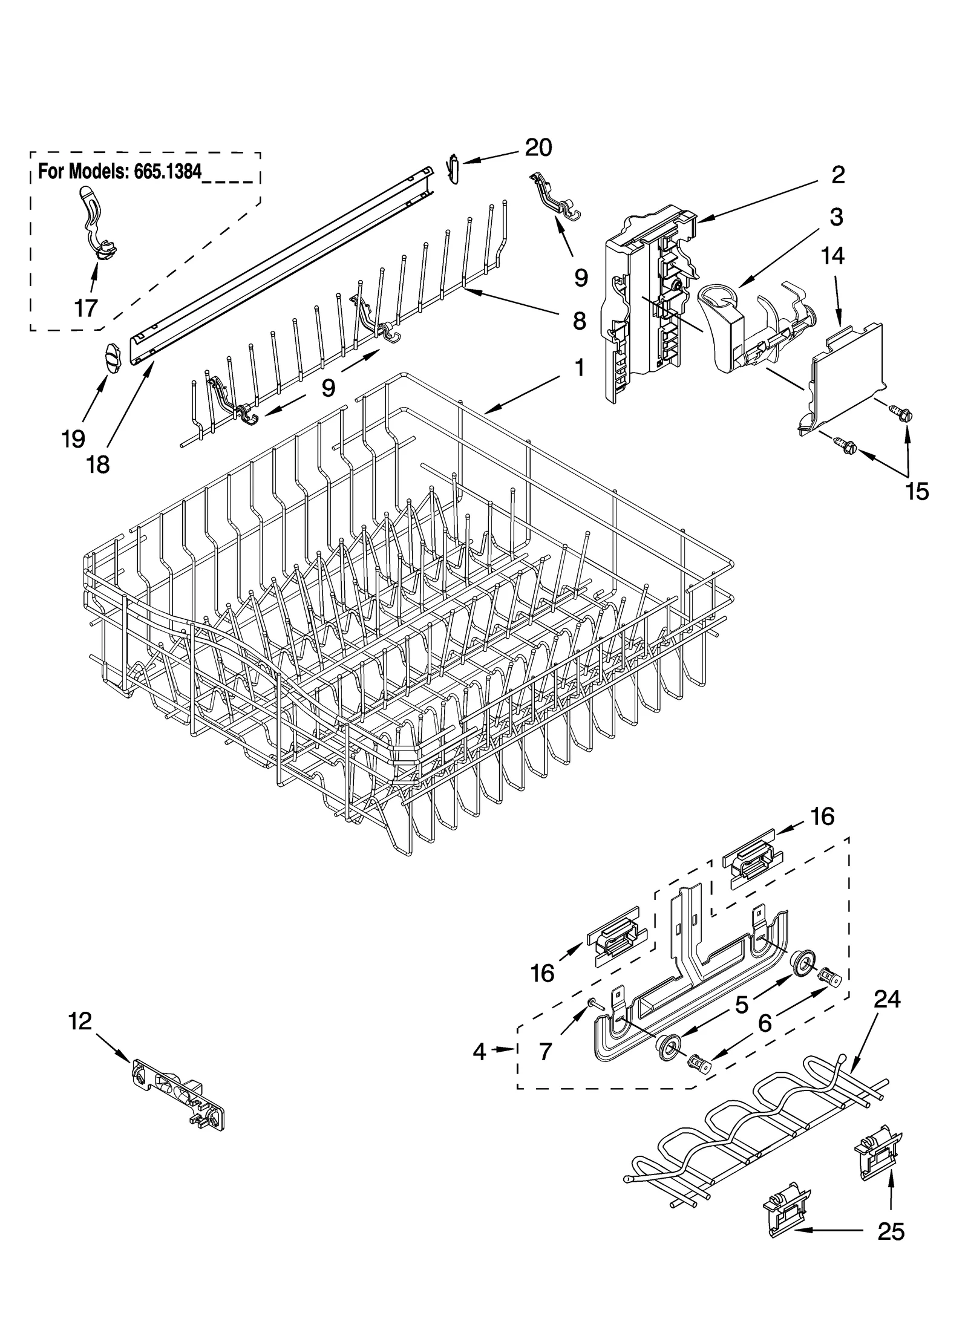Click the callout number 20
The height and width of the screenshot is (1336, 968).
538,148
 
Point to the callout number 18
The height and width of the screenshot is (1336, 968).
98,464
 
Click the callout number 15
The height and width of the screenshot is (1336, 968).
917,491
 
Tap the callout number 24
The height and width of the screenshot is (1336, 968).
886,1000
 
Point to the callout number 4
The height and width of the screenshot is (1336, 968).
479,1052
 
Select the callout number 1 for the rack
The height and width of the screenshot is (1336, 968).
578,368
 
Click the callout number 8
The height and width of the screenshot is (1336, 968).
579,321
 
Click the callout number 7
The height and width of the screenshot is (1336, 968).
544,1052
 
